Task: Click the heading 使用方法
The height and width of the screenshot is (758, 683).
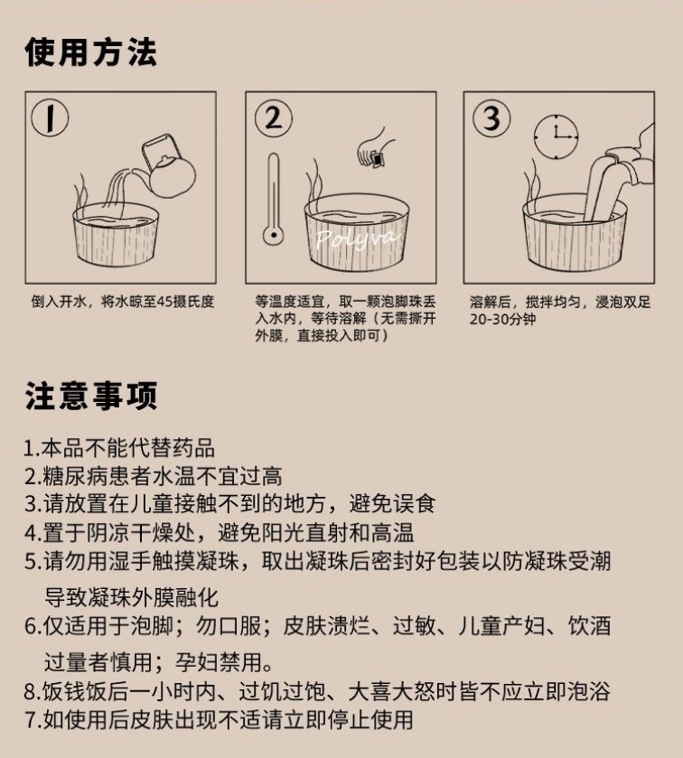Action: pyautogui.click(x=91, y=51)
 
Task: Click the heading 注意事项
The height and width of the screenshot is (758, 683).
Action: pyautogui.click(x=91, y=396)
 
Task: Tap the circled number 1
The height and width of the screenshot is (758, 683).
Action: pyautogui.click(x=50, y=117)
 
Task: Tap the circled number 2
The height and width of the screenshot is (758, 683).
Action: pyautogui.click(x=273, y=118)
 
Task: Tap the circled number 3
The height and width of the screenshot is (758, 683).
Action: pyautogui.click(x=491, y=118)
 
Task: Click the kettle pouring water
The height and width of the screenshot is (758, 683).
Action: pyautogui.click(x=167, y=167)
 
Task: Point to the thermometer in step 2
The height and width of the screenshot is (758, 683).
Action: pyautogui.click(x=274, y=199)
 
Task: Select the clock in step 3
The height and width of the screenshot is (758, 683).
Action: pyautogui.click(x=556, y=136)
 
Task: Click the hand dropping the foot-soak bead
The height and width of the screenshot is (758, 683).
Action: pyautogui.click(x=373, y=149)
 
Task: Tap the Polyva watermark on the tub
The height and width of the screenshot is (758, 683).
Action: pyautogui.click(x=357, y=238)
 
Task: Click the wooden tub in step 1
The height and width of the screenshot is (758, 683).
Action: pyautogui.click(x=116, y=235)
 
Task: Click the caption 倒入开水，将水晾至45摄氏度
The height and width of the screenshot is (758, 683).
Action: pyautogui.click(x=123, y=302)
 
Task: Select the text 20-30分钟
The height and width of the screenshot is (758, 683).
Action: pyautogui.click(x=502, y=320)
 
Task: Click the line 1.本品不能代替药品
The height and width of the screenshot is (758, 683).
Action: pyautogui.click(x=119, y=447)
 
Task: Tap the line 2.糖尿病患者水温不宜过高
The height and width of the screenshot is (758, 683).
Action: pyautogui.click(x=154, y=476)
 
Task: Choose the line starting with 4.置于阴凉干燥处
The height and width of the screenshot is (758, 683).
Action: pyautogui.click(x=219, y=533)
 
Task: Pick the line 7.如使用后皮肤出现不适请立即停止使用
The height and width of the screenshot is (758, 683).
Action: pyautogui.click(x=219, y=720)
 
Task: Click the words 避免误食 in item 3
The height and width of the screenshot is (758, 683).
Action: pyautogui.click(x=392, y=504)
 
